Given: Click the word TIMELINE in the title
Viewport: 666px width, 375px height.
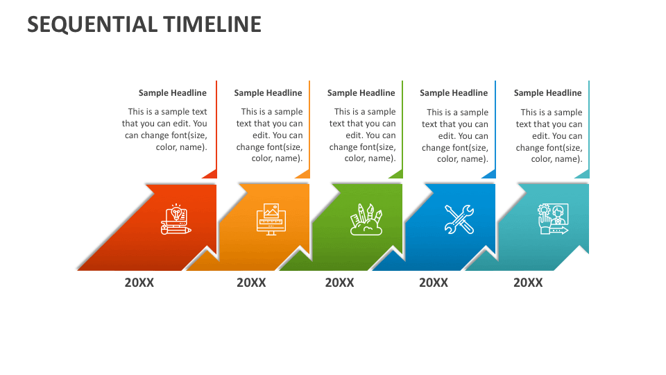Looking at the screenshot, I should (212, 24).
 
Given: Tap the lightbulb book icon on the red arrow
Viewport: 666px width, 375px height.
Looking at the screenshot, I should (176, 219).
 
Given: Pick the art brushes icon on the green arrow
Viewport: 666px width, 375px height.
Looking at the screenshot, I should (366, 219).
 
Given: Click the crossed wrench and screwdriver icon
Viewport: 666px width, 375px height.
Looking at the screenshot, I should (459, 219).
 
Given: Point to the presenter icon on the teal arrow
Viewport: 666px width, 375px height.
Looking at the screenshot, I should (552, 219).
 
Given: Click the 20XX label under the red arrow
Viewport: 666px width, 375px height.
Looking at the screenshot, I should (139, 283).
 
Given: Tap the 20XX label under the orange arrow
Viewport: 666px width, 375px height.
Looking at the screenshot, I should (251, 283).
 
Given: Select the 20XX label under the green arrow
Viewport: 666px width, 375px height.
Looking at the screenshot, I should (339, 283).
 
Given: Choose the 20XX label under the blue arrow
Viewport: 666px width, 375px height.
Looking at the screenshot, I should (434, 283).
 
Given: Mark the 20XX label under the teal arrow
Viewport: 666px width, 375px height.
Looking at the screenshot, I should (528, 283).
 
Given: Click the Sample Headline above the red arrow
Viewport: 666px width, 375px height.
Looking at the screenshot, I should (173, 93).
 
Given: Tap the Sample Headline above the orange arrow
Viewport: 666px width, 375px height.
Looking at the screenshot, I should (268, 93).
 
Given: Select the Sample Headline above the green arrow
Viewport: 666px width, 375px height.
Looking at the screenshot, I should (361, 93).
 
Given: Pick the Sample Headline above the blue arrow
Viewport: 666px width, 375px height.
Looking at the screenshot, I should (454, 93).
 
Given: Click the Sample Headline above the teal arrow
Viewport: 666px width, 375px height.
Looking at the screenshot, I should (547, 93).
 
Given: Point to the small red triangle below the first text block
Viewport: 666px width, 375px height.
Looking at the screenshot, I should (212, 174).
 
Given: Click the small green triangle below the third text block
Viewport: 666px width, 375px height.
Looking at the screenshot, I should (398, 174).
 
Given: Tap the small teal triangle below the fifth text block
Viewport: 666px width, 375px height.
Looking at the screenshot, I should (584, 174).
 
